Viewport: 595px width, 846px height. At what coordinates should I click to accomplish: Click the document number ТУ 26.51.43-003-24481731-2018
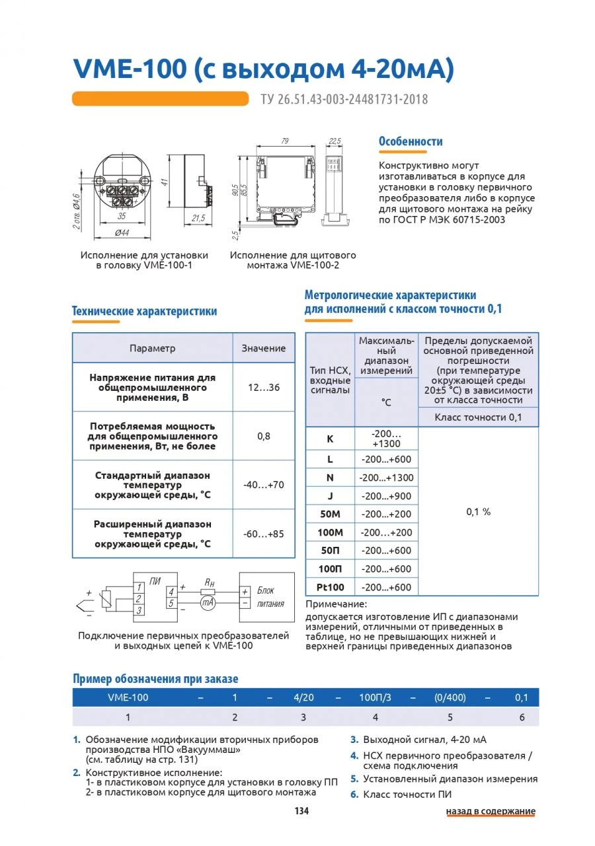tap(344, 100)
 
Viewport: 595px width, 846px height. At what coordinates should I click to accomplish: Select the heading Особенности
tap(411, 141)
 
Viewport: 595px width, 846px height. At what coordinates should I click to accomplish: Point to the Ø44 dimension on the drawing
tap(121, 233)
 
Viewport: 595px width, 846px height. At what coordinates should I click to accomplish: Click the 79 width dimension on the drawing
tap(285, 141)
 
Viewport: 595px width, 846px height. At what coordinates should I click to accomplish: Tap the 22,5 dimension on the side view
tap(335, 141)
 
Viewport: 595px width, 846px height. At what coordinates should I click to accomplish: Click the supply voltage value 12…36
tap(264, 388)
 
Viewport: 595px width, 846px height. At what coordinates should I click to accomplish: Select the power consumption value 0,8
tap(264, 437)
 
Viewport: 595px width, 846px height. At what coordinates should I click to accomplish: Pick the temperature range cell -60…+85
tap(264, 534)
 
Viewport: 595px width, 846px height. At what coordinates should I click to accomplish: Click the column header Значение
tap(264, 348)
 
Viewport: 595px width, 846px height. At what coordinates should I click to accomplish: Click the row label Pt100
tap(331, 587)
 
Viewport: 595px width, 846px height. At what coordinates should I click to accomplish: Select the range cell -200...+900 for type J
tap(386, 496)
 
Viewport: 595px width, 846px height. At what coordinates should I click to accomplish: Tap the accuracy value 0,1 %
tap(479, 512)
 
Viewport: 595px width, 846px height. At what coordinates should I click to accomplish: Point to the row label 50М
tap(331, 514)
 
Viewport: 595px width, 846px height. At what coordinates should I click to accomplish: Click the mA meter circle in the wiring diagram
tap(208, 603)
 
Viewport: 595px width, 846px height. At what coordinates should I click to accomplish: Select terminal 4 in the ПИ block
tap(171, 591)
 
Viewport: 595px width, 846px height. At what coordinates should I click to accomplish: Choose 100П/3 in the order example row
tap(375, 697)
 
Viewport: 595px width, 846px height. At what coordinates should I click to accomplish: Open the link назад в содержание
tap(490, 811)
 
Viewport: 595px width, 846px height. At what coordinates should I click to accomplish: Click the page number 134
tap(301, 811)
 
